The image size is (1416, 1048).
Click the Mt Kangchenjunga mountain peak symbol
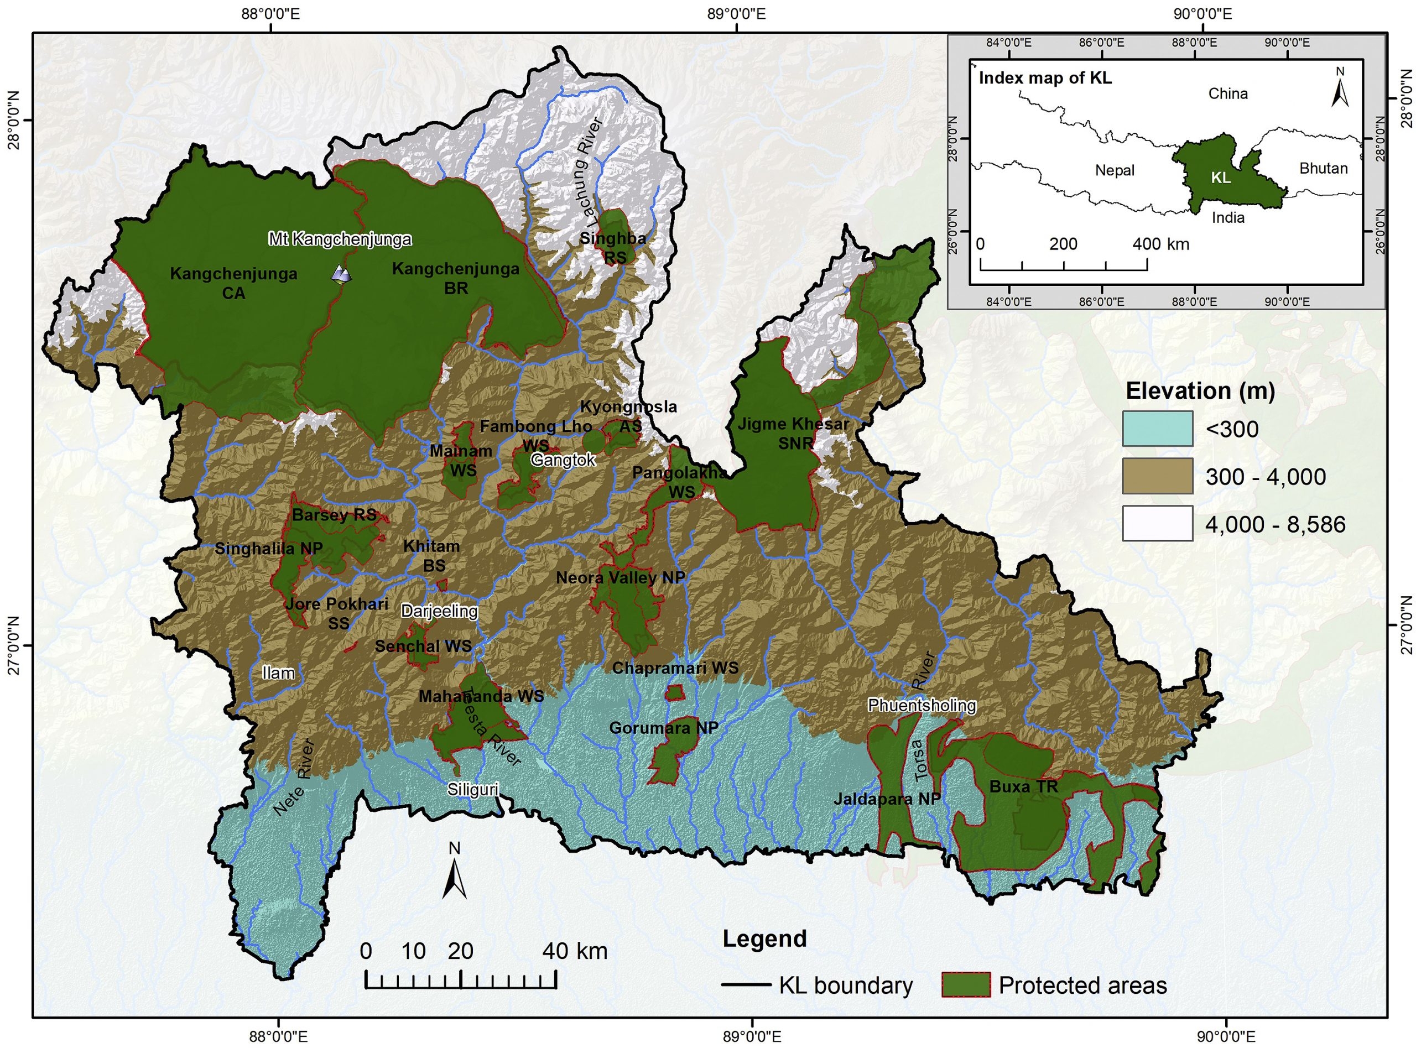click(341, 273)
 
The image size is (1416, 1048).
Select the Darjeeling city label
click(439, 611)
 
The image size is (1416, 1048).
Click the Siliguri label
click(472, 789)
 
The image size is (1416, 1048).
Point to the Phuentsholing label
click(921, 705)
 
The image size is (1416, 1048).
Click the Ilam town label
click(279, 672)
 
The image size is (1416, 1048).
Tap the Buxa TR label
click(1023, 786)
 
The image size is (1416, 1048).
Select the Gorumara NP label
click(663, 728)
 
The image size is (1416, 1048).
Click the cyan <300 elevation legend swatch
click(1157, 429)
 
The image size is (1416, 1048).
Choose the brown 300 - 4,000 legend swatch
click(1157, 476)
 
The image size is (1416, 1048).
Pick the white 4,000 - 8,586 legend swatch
click(1157, 523)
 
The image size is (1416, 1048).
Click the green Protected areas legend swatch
click(966, 985)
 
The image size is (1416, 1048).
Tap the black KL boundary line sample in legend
click(746, 985)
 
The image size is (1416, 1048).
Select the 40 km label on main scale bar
click(574, 951)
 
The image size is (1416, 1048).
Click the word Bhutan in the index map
click(1324, 168)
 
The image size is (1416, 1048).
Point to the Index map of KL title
click(1045, 78)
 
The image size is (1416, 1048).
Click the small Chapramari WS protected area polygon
click(674, 691)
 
